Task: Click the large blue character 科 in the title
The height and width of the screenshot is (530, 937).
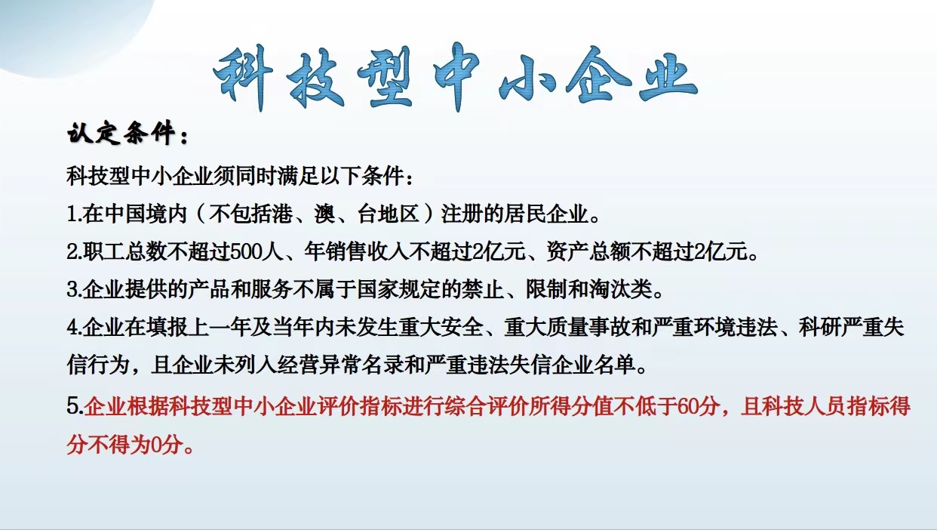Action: click(244, 79)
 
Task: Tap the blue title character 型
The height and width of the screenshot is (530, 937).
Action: click(386, 79)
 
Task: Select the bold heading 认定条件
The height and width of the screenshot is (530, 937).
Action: click(121, 134)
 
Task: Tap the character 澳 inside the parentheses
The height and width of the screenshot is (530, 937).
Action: click(325, 214)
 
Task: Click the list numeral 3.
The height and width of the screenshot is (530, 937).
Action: click(72, 290)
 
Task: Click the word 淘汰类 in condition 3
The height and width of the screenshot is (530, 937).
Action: click(621, 290)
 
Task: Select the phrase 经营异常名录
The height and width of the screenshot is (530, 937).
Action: click(339, 365)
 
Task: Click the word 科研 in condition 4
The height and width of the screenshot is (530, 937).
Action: click(819, 328)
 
